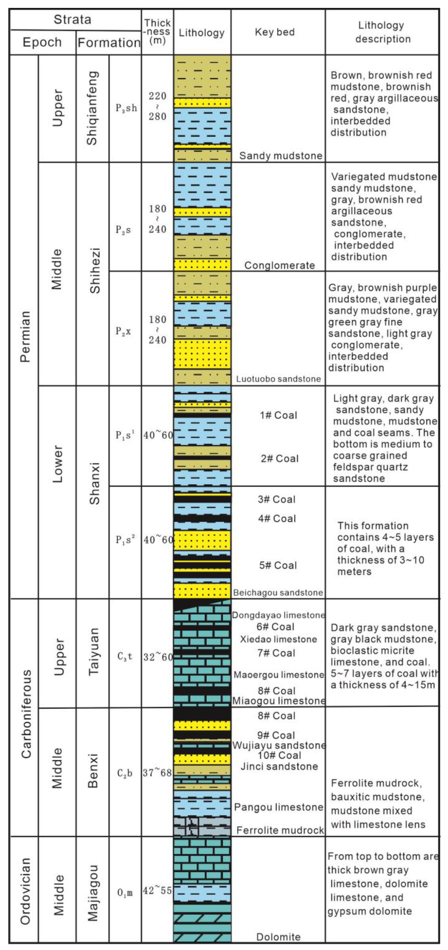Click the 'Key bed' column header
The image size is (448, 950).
(275, 32)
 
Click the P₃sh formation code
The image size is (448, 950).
(126, 108)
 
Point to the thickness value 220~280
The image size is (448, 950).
(158, 106)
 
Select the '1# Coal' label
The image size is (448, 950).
(278, 415)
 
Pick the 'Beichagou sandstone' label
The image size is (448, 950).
(278, 593)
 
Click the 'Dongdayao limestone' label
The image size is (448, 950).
(278, 615)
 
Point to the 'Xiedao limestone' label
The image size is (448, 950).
(278, 639)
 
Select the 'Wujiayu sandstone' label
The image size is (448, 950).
(279, 745)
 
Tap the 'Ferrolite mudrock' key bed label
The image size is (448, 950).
(280, 830)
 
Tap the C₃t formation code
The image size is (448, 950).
(125, 657)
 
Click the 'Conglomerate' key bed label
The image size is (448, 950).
(279, 265)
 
